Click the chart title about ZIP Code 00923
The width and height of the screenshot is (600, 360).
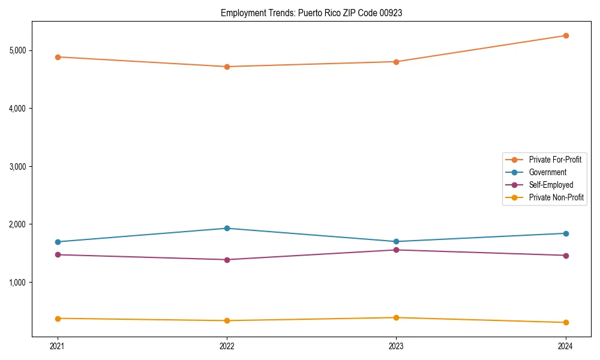tap(311, 13)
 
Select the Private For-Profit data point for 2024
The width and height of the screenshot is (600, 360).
tap(565, 35)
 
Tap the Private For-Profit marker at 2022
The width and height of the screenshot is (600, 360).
tap(227, 67)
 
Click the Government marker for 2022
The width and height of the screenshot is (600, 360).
tap(227, 228)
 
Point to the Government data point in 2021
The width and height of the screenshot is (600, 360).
tap(58, 242)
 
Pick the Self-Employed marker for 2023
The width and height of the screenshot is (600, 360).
tap(396, 250)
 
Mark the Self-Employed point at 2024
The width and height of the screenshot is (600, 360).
tap(565, 256)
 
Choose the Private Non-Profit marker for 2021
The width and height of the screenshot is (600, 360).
tap(58, 318)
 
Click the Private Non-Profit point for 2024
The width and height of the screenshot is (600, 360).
tap(565, 323)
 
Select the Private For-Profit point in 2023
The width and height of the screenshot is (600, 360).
tap(396, 62)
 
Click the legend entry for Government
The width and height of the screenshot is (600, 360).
tap(547, 172)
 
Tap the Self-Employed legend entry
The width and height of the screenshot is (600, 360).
tap(551, 185)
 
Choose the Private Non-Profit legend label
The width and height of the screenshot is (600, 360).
tap(556, 197)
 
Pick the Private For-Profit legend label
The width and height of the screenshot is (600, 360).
tap(555, 160)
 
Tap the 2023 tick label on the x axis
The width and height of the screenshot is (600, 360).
tap(396, 346)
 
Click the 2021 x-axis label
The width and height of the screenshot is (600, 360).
tap(58, 346)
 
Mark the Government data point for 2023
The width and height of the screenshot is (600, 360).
tap(396, 241)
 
